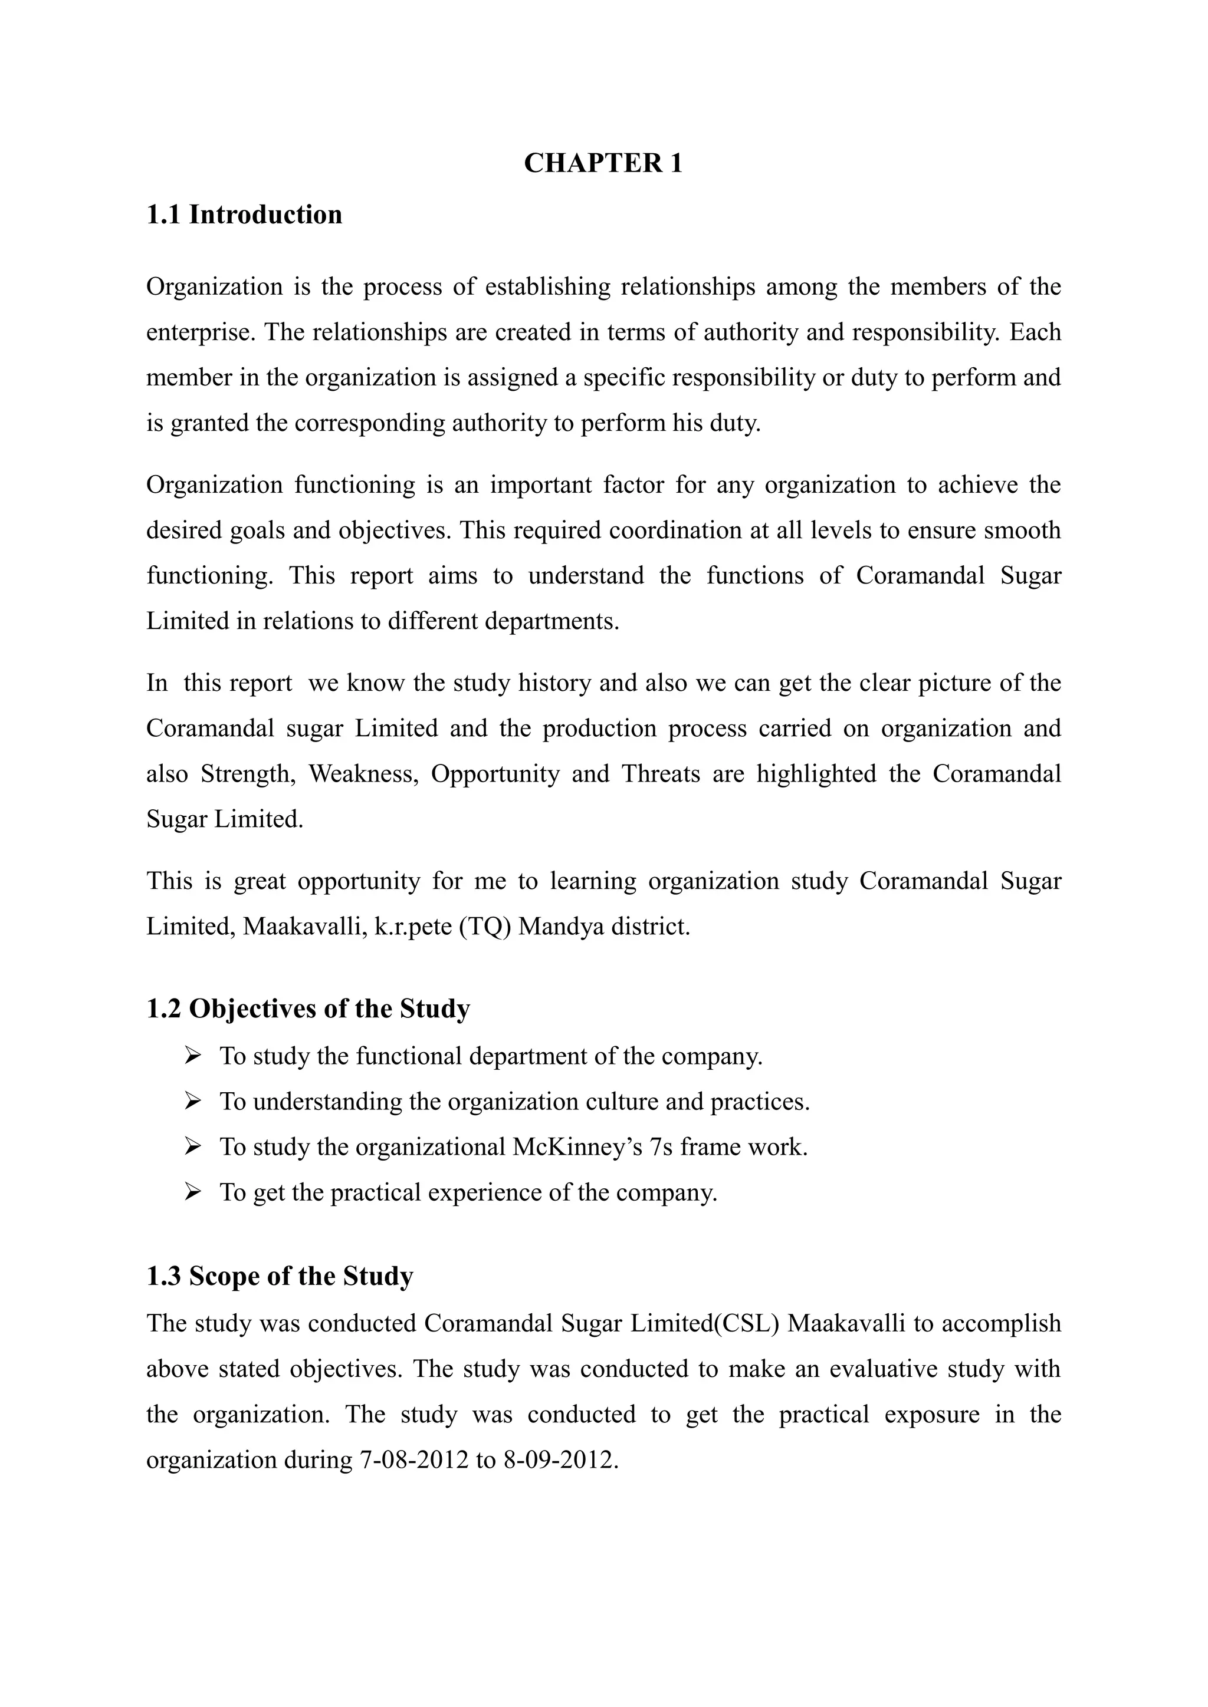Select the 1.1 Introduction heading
(x=244, y=215)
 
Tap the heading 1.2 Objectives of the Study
(x=308, y=1009)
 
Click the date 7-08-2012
(x=413, y=1459)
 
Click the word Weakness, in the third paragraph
(x=364, y=774)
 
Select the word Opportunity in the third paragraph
(x=495, y=774)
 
